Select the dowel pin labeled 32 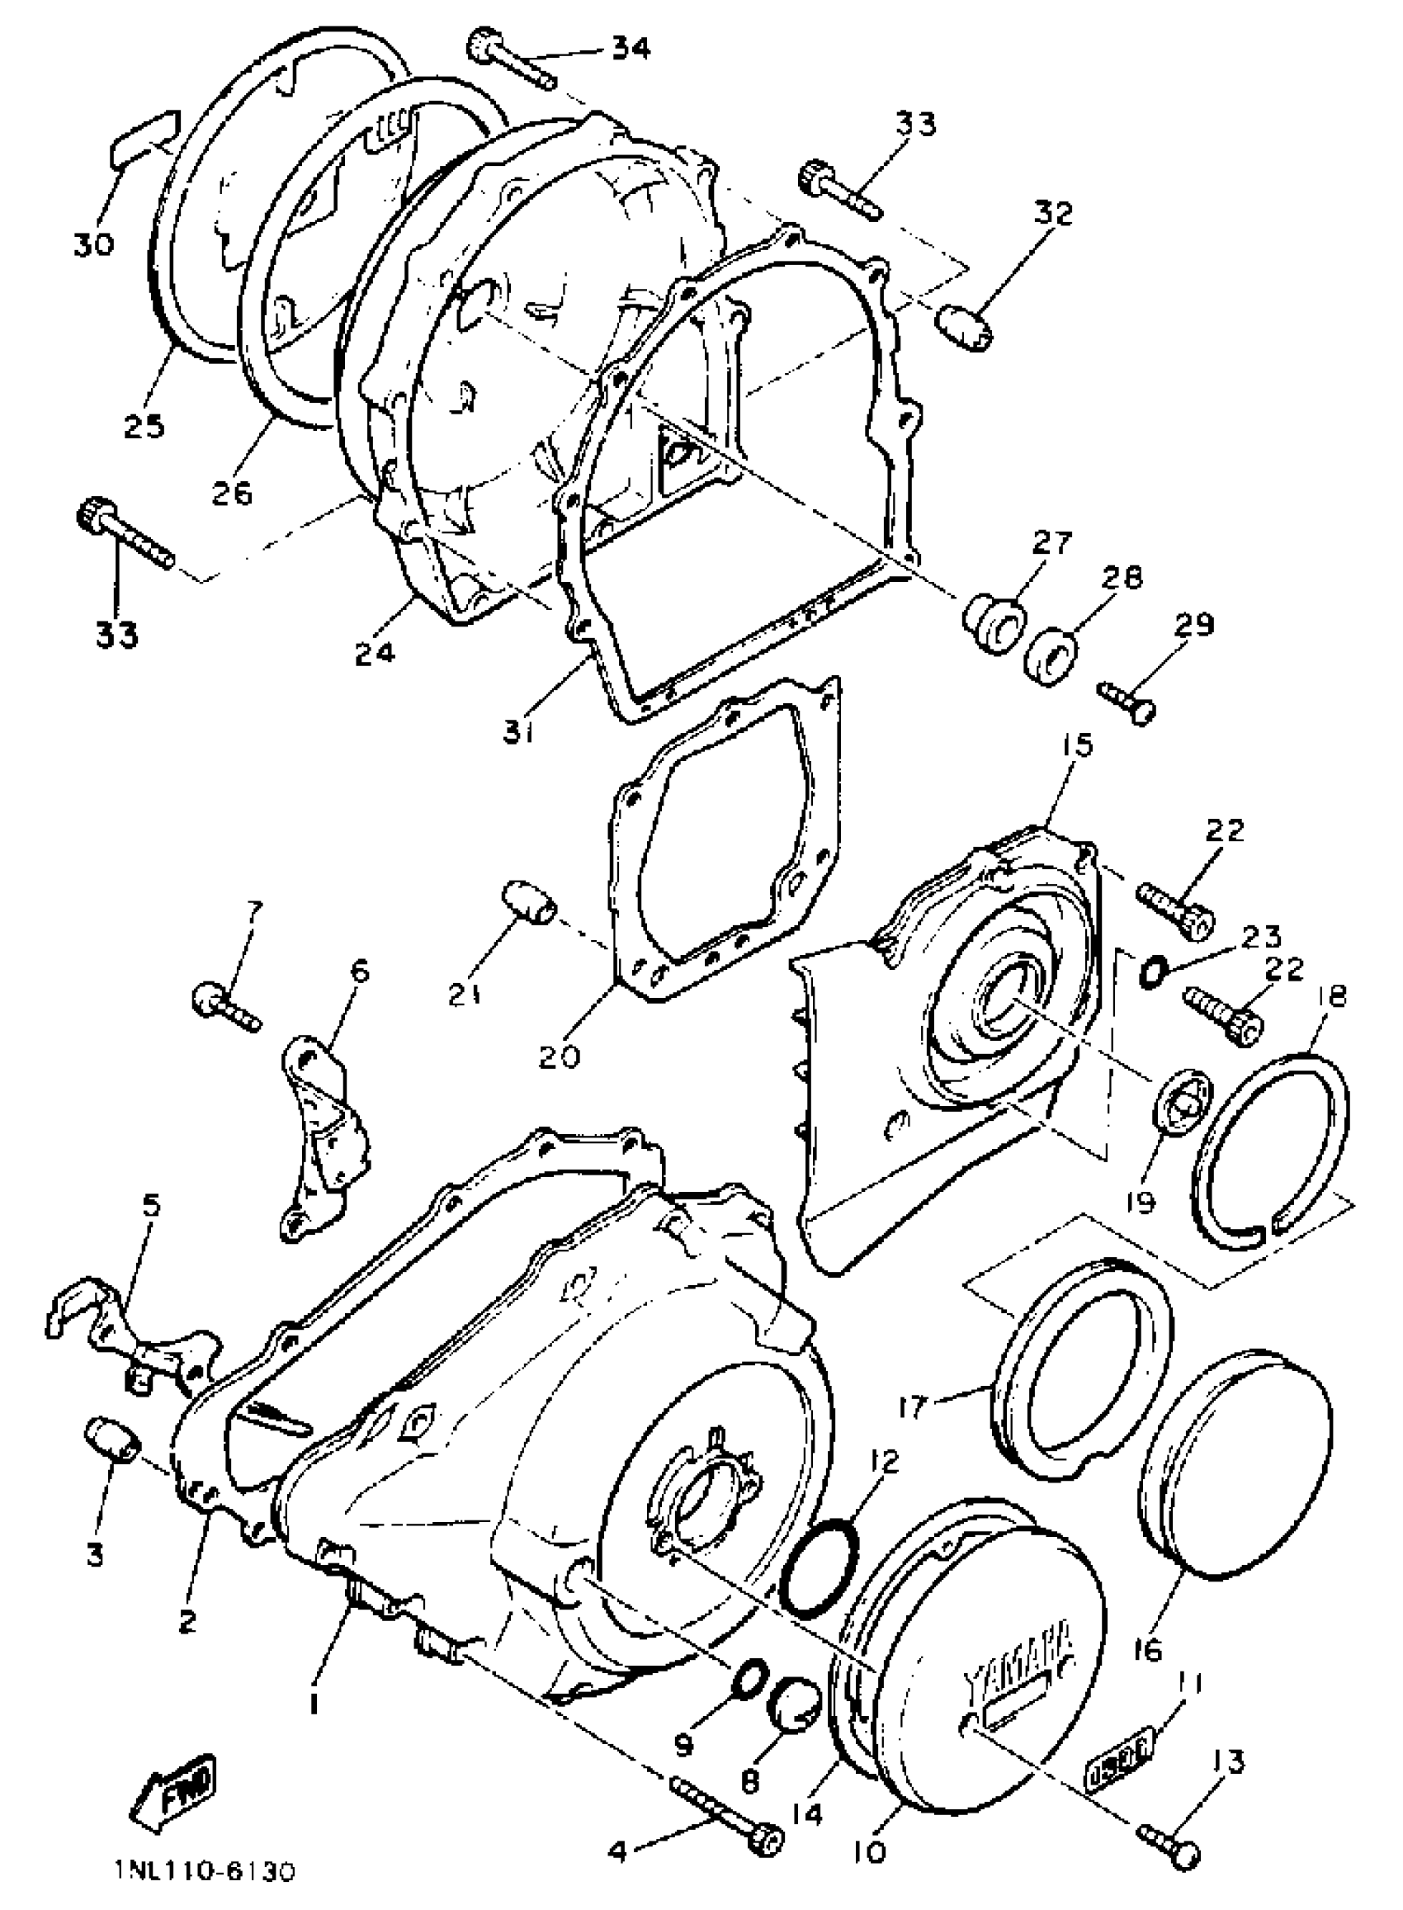(x=964, y=328)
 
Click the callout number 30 (x=93, y=245)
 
